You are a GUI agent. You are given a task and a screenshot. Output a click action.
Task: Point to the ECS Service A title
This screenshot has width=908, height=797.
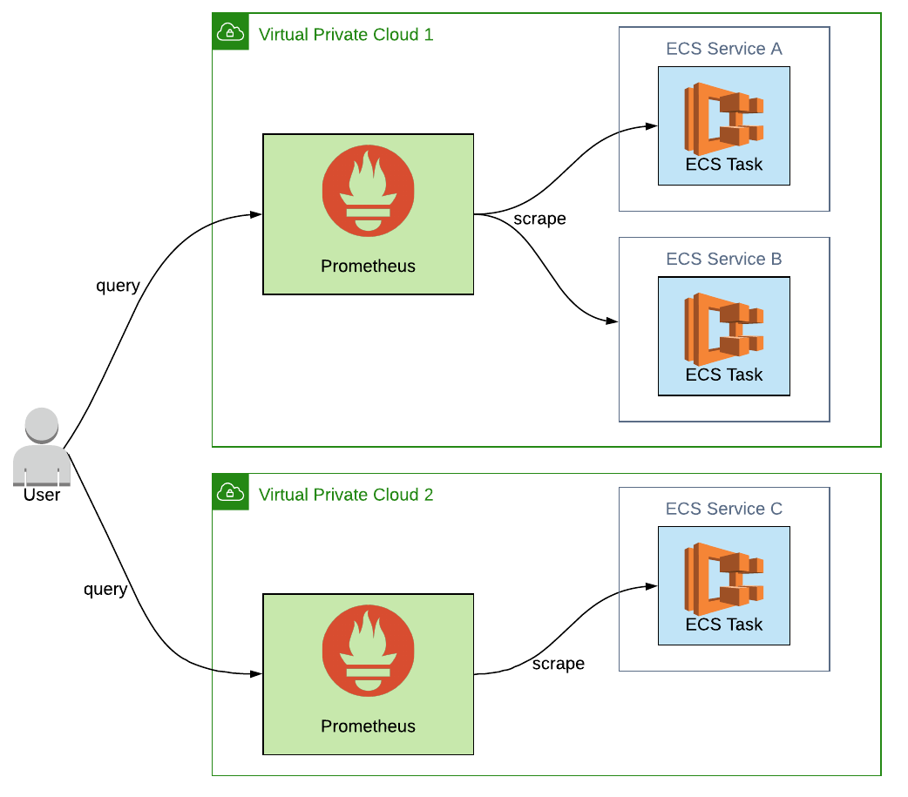point(723,49)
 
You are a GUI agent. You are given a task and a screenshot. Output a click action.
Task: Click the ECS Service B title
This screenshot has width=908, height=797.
point(723,259)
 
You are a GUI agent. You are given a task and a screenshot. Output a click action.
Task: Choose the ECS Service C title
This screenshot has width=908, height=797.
point(723,509)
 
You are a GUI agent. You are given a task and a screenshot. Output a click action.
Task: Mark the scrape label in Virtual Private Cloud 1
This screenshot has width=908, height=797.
point(539,219)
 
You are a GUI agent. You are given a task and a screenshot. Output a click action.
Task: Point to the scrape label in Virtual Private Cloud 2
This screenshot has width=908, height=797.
point(558,664)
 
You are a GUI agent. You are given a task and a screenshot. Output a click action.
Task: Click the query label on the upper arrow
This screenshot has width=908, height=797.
point(118,286)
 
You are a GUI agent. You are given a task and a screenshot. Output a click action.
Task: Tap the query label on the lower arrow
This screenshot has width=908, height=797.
point(105,590)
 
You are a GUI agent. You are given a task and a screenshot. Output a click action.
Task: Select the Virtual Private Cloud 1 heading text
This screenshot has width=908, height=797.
point(346,35)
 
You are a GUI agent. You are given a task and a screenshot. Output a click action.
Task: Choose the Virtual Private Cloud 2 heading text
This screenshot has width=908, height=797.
point(346,495)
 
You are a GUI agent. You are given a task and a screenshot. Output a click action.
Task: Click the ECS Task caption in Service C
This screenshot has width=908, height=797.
point(723,625)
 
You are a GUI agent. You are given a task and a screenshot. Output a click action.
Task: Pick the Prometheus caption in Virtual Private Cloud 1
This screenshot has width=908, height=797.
point(368,267)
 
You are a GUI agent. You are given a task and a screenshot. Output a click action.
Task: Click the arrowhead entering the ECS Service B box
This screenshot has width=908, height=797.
point(613,321)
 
